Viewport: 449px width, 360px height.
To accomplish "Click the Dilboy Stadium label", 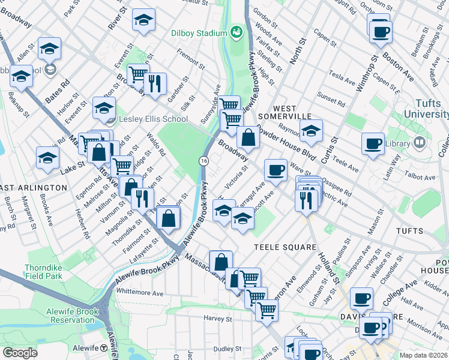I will point(195,32).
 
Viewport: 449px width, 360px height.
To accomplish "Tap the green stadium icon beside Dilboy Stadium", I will point(237,31).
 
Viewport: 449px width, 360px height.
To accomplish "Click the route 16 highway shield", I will point(204,160).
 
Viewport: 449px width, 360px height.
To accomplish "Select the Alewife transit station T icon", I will point(104,349).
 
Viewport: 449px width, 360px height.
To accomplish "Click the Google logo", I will point(20,353).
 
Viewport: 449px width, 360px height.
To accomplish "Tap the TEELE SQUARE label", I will point(285,247).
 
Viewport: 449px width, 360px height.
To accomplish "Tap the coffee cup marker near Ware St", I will point(276,170).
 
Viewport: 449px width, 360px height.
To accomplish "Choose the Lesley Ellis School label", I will point(153,119).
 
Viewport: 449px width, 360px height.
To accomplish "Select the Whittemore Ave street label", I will point(140,293).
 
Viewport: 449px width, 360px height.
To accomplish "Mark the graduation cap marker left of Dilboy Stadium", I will point(143,20).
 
